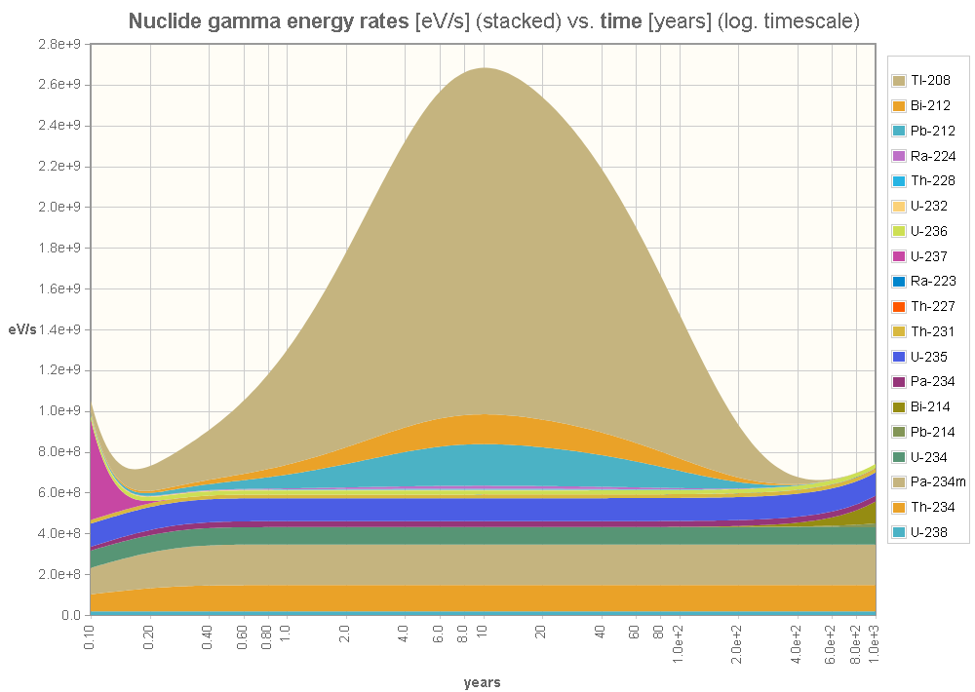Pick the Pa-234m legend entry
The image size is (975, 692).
pos(932,482)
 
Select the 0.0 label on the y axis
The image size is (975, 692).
pos(71,615)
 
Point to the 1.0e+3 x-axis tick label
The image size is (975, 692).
pos(875,645)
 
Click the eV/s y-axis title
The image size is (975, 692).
pos(22,329)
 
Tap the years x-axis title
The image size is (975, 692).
pos(483,682)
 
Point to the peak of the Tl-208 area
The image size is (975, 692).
pos(484,70)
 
